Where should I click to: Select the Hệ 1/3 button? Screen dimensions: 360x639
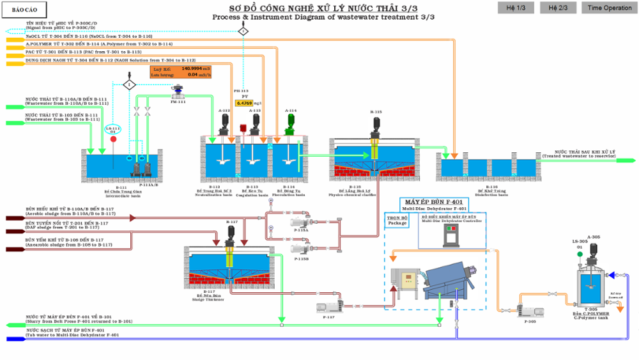coord(516,8)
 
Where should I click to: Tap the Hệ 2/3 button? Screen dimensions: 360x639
coord(558,8)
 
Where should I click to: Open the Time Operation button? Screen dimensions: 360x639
coord(610,8)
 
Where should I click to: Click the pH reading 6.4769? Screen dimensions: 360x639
coord(244,102)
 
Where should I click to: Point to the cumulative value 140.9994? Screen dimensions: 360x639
coord(191,68)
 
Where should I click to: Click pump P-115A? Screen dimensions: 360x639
coord(300,222)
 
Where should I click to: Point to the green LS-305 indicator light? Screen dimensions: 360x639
coord(580,254)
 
